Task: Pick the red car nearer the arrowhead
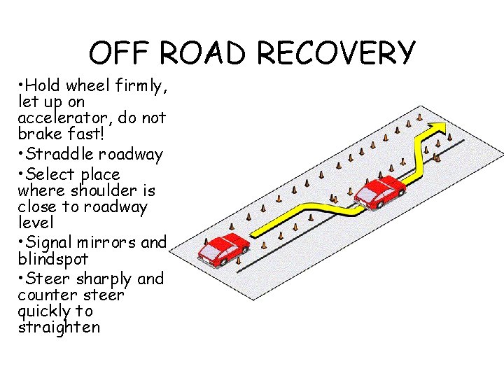379,192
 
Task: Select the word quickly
45,311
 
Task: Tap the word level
36,223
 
